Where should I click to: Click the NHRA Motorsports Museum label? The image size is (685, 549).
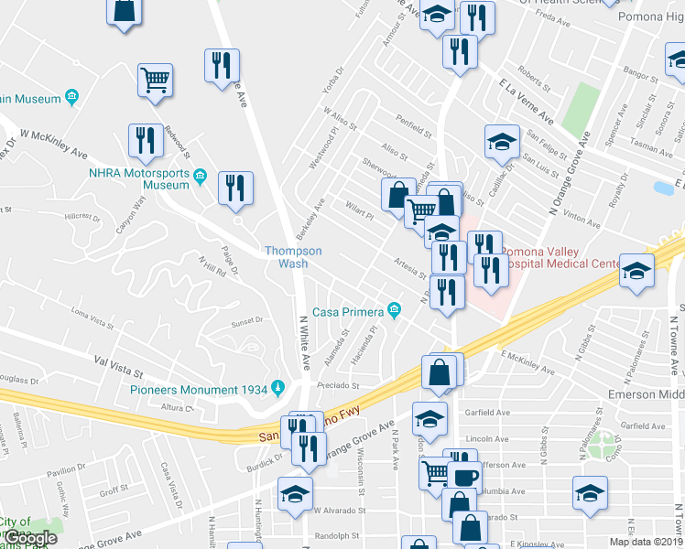click(138, 178)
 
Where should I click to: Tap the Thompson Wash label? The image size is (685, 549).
click(293, 256)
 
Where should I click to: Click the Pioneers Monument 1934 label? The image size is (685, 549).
click(197, 389)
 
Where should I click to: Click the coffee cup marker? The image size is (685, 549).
click(462, 477)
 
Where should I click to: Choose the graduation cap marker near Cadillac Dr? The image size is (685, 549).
click(501, 141)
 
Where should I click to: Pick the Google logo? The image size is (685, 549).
click(31, 538)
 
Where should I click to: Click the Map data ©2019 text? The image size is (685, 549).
click(646, 542)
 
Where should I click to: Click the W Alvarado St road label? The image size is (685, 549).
click(339, 511)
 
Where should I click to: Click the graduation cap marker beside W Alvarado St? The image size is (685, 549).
click(296, 493)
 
